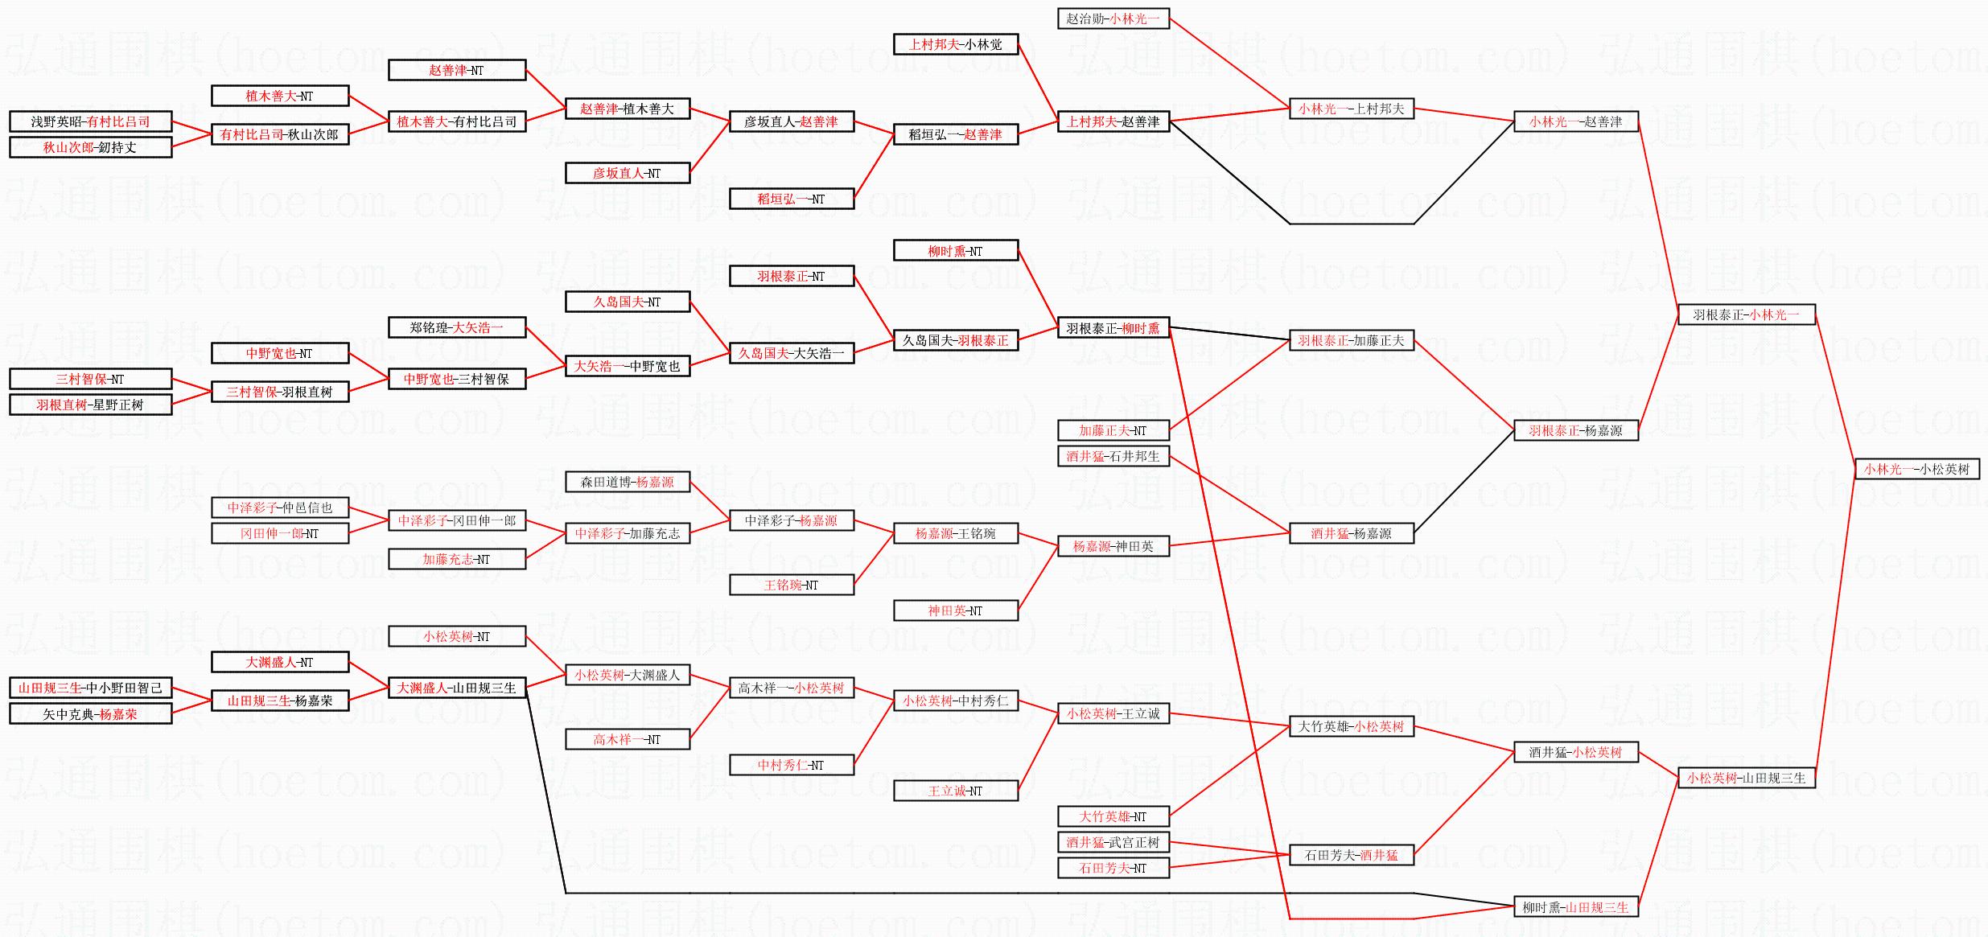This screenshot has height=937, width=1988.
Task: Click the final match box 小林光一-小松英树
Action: tap(1916, 469)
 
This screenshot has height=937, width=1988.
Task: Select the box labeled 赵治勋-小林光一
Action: tap(1113, 18)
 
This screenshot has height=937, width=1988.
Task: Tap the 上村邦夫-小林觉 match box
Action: tap(955, 44)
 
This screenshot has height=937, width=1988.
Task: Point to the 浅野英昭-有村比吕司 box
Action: tap(90, 121)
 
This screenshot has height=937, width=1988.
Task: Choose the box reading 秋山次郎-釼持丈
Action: tap(90, 147)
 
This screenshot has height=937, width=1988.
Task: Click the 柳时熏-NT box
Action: tap(955, 251)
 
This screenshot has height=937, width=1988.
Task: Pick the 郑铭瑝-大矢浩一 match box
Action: tap(456, 327)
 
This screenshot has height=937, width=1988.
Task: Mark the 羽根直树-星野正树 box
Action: tap(90, 405)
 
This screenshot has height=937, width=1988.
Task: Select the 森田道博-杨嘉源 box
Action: tap(627, 482)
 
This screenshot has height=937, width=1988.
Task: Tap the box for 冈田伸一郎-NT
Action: tap(279, 533)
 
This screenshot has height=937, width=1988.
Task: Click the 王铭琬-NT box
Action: tap(791, 585)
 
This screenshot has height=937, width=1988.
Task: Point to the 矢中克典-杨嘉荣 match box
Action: tap(90, 713)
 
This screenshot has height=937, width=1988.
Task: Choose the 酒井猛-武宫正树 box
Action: tap(1113, 842)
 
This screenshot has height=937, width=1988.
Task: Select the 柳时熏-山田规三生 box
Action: tap(1575, 907)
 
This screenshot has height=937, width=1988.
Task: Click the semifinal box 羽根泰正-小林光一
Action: tap(1746, 314)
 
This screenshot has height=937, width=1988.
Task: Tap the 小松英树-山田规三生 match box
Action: tap(1746, 778)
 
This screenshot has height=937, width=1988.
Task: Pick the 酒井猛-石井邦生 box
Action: tap(1113, 456)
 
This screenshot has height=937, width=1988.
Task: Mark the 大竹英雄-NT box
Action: tap(1113, 816)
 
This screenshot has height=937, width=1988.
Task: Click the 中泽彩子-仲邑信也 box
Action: tap(279, 508)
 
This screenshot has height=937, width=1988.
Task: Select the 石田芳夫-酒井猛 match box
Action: tap(1351, 855)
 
